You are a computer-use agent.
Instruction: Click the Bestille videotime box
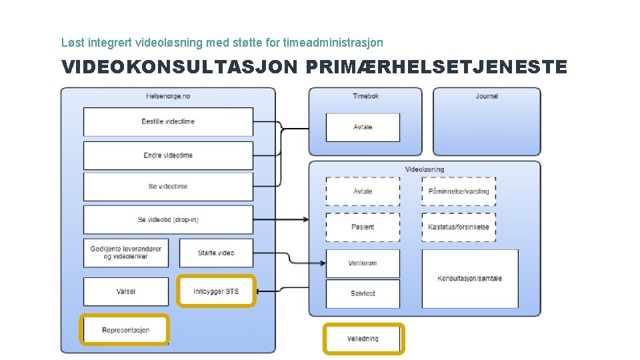(168, 122)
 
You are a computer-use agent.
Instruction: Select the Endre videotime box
(168, 155)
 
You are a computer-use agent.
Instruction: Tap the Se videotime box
(168, 187)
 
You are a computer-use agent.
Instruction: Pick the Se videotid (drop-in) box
(168, 219)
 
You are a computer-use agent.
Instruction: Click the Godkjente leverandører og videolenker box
(125, 253)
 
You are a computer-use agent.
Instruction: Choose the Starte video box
(216, 253)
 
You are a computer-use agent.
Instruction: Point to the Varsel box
(125, 291)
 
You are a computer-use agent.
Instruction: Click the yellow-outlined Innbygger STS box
(216, 291)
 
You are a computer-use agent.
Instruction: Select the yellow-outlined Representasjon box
(125, 330)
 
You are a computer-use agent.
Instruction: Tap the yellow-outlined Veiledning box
(363, 339)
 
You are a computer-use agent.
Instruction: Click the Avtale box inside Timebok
(363, 127)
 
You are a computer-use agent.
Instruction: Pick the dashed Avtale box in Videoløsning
(363, 191)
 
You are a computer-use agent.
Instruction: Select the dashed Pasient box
(363, 227)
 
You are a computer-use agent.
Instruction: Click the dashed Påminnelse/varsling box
(459, 191)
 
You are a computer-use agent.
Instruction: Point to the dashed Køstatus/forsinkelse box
(459, 227)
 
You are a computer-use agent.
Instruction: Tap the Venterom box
(363, 263)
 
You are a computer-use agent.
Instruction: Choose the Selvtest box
(363, 293)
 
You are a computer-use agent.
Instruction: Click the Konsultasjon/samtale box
(470, 279)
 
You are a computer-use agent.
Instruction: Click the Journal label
(487, 97)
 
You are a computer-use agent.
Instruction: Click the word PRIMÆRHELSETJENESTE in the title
(437, 67)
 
